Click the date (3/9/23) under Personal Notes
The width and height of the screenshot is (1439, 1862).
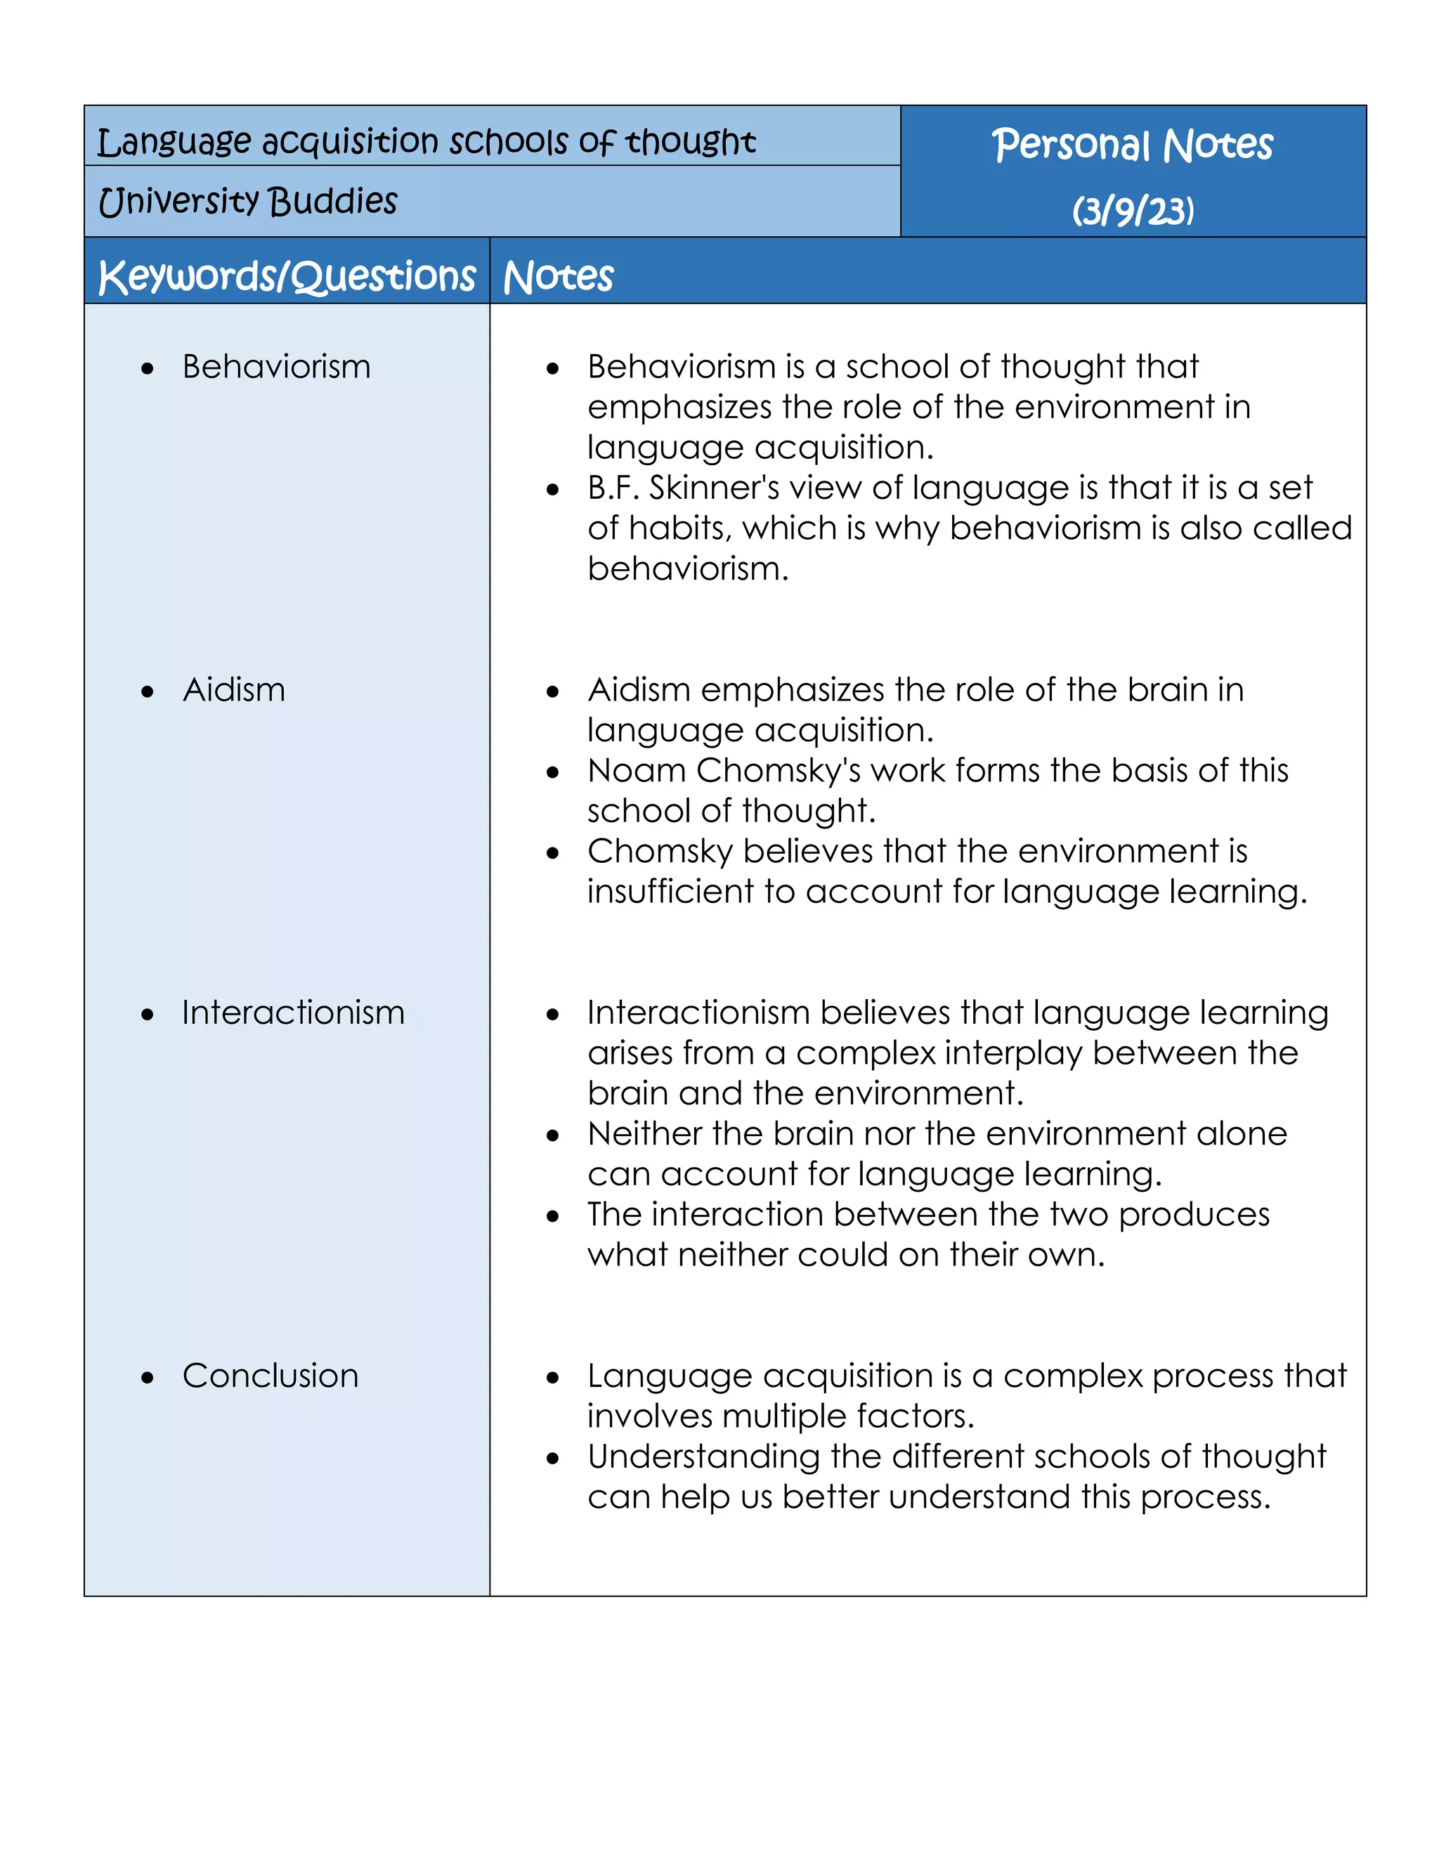click(x=1132, y=211)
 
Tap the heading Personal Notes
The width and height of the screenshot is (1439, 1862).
click(x=1132, y=144)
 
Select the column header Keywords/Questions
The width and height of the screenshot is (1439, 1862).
click(x=287, y=276)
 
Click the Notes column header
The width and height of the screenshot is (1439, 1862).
click(x=559, y=276)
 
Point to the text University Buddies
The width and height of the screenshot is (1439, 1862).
click(x=248, y=201)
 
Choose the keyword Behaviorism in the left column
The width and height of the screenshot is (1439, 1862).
click(x=276, y=367)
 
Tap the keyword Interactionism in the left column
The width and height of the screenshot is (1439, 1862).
click(x=293, y=1013)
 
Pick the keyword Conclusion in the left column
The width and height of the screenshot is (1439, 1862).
click(x=271, y=1376)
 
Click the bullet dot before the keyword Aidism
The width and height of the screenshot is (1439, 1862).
click(x=148, y=691)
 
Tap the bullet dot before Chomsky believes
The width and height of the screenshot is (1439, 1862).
click(x=553, y=852)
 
